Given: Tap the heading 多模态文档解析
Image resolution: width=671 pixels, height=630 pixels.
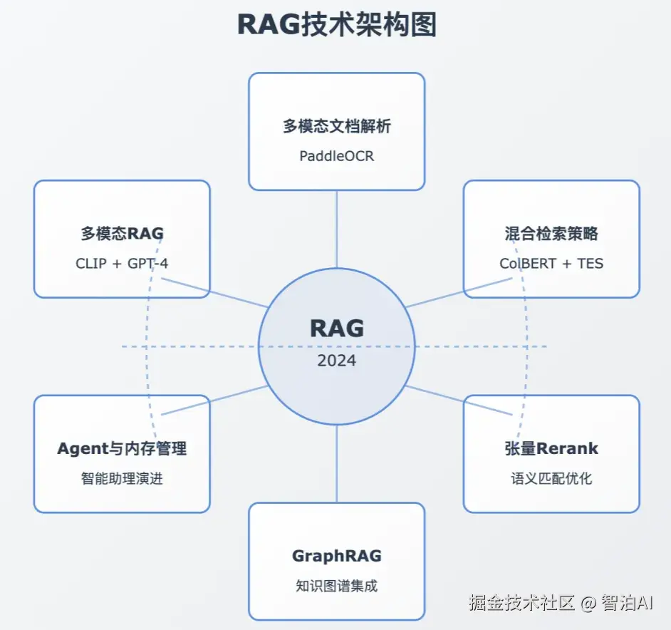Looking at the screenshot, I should point(336,127).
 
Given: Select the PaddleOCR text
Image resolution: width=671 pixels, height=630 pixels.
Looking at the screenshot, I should point(336,155).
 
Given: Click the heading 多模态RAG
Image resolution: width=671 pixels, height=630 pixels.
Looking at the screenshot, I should point(122,234).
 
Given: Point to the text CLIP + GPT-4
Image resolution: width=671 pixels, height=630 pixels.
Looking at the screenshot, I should point(122,263).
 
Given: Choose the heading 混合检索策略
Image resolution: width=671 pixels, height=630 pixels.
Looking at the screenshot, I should point(551,234).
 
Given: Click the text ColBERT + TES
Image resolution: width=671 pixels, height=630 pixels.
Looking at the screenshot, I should point(551,263).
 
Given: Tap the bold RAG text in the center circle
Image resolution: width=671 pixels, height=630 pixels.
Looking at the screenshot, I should point(336,329).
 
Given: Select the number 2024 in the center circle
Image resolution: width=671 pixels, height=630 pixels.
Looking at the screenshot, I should point(336,360).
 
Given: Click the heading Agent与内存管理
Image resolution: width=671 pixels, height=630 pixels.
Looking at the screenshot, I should point(122,449).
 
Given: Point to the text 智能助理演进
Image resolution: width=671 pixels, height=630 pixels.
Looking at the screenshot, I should point(122,478).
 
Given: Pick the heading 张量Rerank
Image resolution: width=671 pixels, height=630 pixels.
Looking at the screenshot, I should point(551,449).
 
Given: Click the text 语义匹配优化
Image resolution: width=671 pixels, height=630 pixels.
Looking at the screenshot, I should point(551,478).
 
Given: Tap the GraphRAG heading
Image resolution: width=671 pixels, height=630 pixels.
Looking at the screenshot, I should point(336,557).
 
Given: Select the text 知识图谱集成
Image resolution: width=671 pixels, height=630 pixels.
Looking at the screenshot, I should point(336,586).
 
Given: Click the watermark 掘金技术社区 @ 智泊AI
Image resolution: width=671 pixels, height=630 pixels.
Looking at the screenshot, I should point(561,603).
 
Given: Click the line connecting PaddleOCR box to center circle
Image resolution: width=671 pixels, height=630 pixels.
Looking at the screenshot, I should point(336,228).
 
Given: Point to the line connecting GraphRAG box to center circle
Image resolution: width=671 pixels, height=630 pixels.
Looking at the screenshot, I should point(336,463).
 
